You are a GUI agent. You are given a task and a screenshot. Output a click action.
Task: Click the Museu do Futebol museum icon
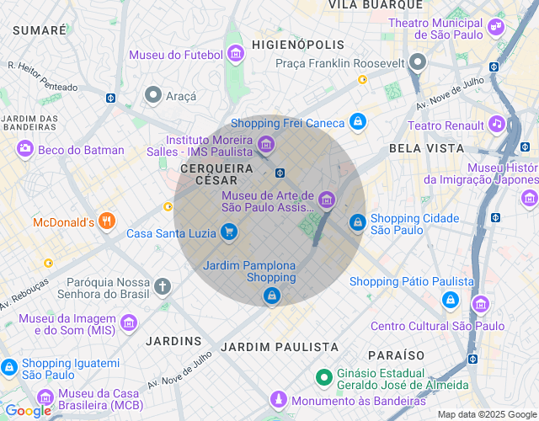pos(235,55)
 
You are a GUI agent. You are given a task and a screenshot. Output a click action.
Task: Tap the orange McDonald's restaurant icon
pos(106,222)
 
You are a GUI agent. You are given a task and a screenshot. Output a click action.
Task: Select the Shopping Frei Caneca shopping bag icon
pos(358,122)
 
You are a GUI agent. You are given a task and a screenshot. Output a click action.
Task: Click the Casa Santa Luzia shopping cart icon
pos(228,232)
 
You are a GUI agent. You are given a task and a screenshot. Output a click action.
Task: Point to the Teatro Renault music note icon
pos(497,125)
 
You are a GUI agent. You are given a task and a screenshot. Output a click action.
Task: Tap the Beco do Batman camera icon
pos(25,149)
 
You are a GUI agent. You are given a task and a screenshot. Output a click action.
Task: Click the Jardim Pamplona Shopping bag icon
pos(271,296)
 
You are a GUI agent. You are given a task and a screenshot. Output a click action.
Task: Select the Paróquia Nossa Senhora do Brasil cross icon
pos(163,286)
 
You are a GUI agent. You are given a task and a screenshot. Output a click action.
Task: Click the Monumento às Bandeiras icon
pos(278,400)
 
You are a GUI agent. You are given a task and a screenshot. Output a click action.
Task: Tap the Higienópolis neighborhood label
pos(299,45)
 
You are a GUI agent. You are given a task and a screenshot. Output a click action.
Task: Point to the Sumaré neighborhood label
pos(40,29)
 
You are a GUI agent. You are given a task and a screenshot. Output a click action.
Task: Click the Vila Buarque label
pos(376,5)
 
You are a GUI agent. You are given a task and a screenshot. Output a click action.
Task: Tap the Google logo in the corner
pos(28,411)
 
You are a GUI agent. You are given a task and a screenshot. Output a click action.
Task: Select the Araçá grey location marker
pos(153,95)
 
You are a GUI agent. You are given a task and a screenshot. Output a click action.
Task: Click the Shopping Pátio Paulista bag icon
pos(451,300)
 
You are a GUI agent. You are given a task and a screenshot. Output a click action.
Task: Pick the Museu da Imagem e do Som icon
pos(129,322)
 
